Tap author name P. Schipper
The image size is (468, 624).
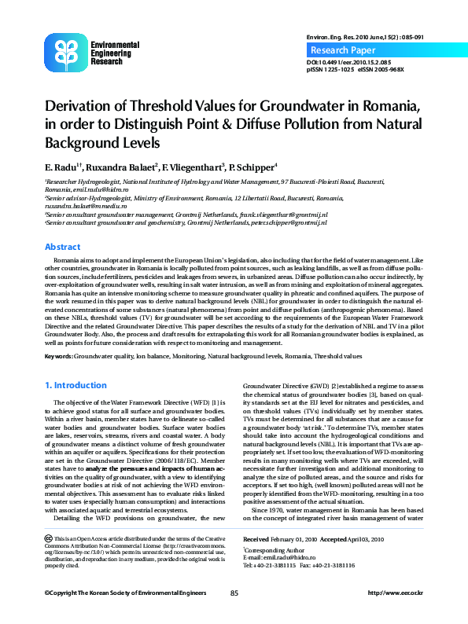click(251, 167)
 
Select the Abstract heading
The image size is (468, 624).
click(62, 246)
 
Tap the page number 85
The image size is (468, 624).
click(234, 592)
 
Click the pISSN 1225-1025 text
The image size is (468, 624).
click(330, 69)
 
